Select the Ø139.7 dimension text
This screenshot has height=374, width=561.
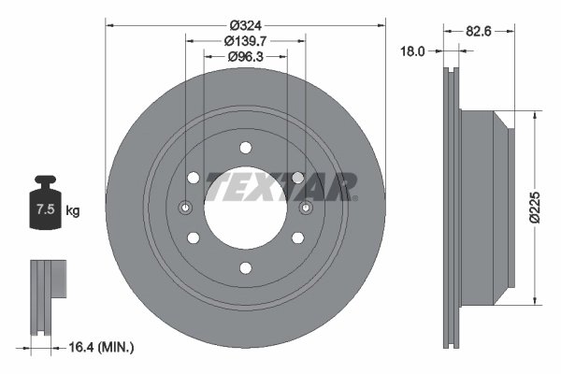click(245, 41)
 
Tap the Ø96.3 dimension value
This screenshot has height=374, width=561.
click(245, 57)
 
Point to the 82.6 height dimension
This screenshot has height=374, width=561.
click(479, 31)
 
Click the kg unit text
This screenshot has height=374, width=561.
click(73, 211)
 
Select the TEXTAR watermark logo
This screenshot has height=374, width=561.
click(281, 186)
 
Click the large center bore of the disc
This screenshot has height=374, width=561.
click(245, 208)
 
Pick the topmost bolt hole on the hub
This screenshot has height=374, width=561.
click(245, 147)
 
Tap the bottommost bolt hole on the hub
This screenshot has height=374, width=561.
click(245, 268)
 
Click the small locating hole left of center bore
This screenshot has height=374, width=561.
click(185, 208)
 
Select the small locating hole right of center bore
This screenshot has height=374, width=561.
click(306, 208)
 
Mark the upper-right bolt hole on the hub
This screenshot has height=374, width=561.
click(297, 178)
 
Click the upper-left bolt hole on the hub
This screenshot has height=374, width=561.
click(193, 178)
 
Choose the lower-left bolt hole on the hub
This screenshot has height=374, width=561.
click(193, 237)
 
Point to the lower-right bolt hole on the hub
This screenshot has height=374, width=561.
click(297, 237)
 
